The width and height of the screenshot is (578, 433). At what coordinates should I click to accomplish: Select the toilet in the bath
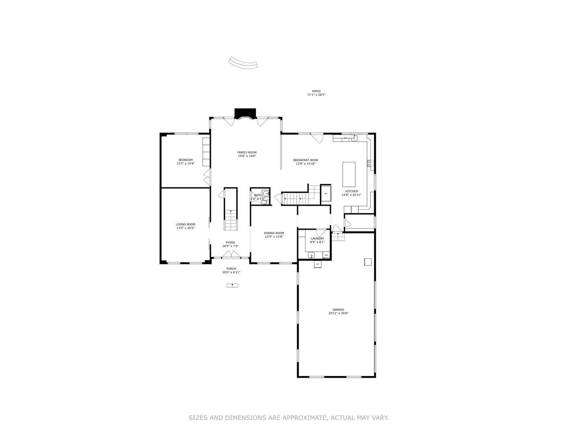click(263, 202)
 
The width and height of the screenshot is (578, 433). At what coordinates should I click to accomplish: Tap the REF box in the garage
click(317, 264)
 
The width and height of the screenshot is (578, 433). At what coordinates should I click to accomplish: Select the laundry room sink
click(311, 255)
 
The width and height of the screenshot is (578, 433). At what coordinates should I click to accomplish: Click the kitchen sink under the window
click(354, 138)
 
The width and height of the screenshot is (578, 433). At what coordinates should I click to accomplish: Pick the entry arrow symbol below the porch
click(232, 285)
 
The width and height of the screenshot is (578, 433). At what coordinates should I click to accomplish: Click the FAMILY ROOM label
click(247, 152)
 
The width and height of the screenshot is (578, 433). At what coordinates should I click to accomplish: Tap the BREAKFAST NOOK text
click(305, 160)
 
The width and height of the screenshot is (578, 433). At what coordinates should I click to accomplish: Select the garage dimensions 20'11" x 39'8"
click(338, 314)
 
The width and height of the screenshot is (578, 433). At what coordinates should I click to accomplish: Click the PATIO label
click(316, 91)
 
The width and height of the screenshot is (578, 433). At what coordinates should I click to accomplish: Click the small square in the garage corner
click(368, 262)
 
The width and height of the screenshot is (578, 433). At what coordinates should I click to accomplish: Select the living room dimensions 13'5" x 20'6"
click(185, 228)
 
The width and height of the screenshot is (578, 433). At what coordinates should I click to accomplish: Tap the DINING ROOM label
click(274, 233)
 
